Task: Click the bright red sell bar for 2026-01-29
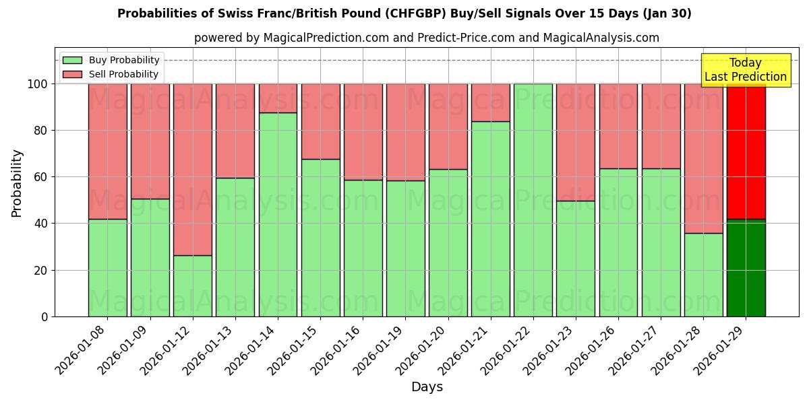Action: click(746, 151)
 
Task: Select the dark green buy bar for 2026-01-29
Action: click(746, 268)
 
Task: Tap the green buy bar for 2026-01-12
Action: click(192, 285)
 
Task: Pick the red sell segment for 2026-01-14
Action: click(278, 98)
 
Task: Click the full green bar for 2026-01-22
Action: click(533, 200)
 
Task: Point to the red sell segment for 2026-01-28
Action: click(703, 158)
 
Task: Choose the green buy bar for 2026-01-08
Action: click(107, 267)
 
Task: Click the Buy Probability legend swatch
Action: click(72, 61)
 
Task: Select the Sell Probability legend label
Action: click(124, 75)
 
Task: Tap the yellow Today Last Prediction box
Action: click(745, 70)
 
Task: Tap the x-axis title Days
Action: click(427, 387)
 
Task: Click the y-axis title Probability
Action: click(17, 183)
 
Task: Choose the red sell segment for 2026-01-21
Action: click(490, 102)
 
